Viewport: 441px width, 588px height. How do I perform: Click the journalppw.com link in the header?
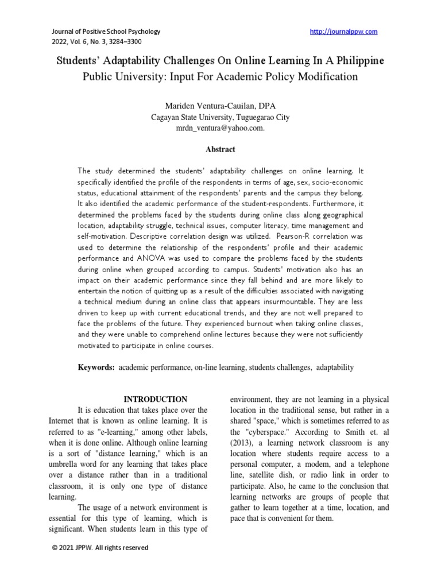pos(343,32)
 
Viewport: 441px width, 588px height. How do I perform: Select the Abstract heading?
pos(220,149)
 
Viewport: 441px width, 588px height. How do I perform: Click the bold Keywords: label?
pos(96,367)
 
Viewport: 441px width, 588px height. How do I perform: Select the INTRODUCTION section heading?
pos(156,399)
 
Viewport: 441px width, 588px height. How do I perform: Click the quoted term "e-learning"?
pos(136,431)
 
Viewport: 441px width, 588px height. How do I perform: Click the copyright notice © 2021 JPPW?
pos(100,548)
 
